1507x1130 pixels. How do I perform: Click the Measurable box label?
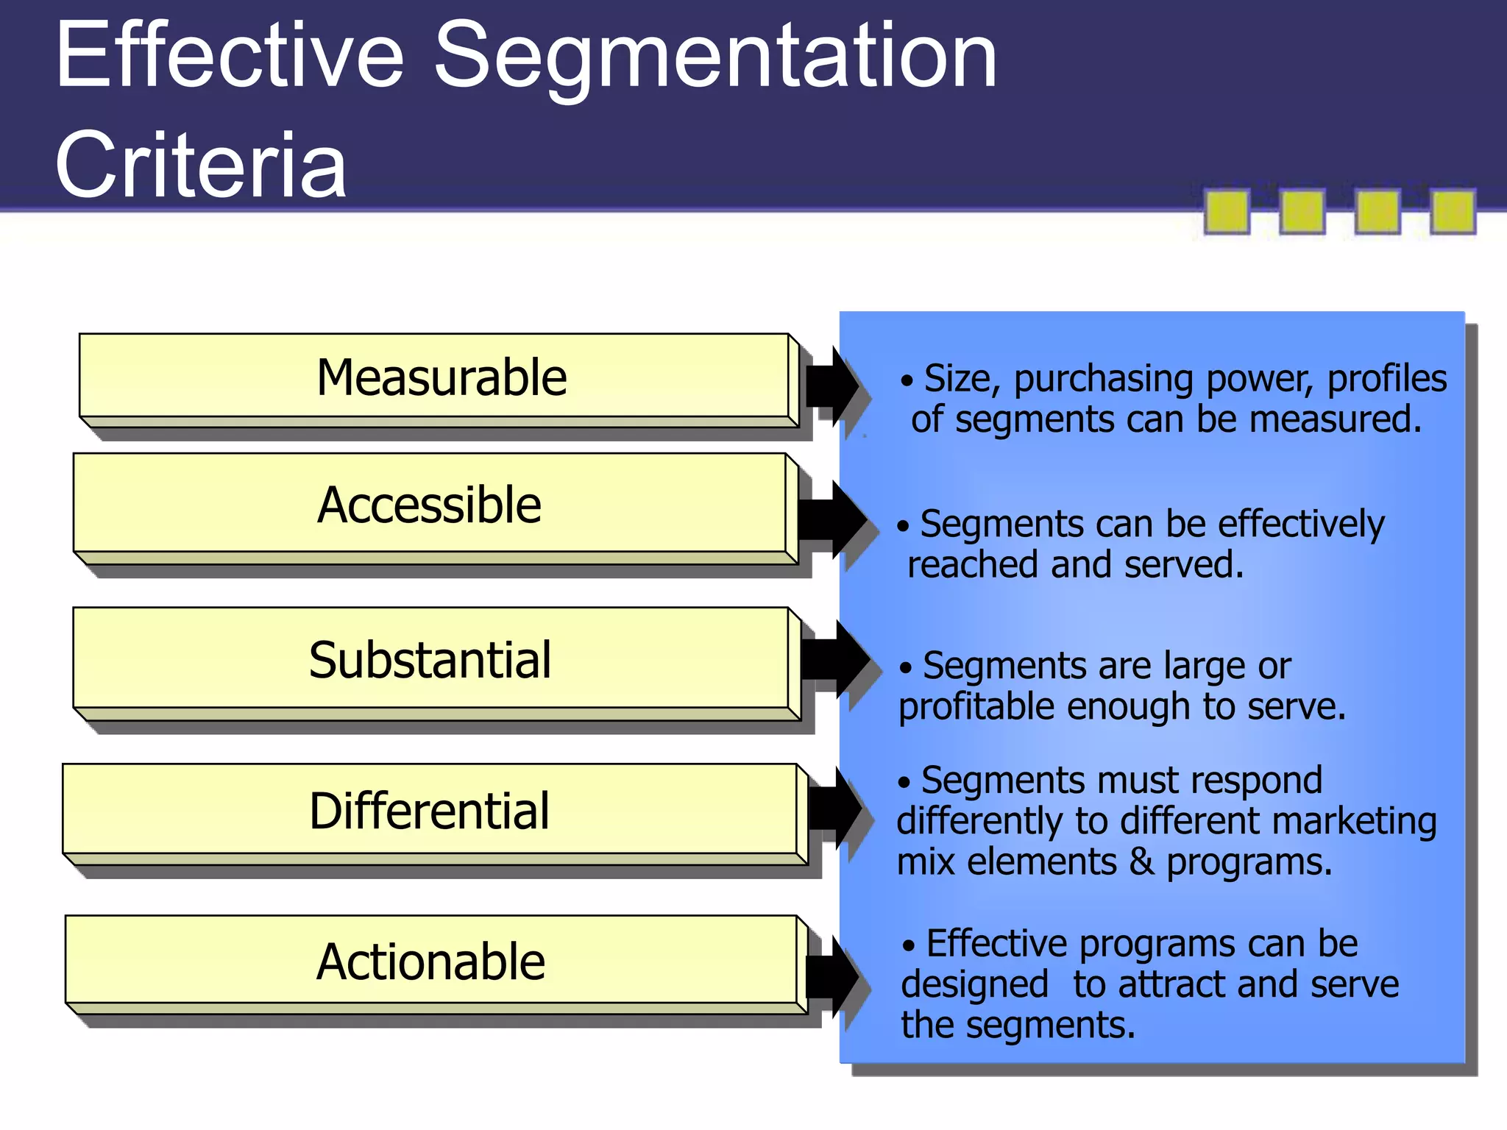442,378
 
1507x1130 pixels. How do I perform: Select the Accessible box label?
430,505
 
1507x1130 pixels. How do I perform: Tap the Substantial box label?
430,660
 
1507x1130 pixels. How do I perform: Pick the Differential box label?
429,811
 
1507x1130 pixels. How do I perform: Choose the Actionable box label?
430,962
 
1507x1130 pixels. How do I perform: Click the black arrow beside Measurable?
833,385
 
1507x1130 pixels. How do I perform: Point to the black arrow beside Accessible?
833,519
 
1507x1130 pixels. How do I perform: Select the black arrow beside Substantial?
836,658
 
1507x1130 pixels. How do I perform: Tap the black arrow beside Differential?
834,807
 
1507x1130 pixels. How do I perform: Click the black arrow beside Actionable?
833,976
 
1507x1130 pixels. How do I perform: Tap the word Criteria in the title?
200,165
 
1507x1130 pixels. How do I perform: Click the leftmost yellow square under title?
1227,212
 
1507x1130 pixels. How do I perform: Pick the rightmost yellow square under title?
1453,212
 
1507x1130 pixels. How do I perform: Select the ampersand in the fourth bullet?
1141,861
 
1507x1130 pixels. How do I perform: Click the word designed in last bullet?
974,985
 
